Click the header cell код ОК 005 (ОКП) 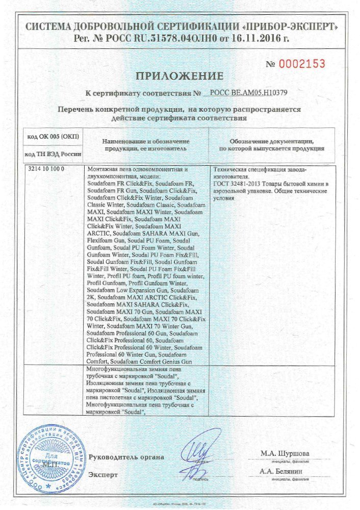point(50,137)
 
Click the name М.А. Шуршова point(285,453)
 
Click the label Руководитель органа point(126,457)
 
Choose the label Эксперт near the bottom point(104,475)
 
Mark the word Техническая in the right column point(229,169)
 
